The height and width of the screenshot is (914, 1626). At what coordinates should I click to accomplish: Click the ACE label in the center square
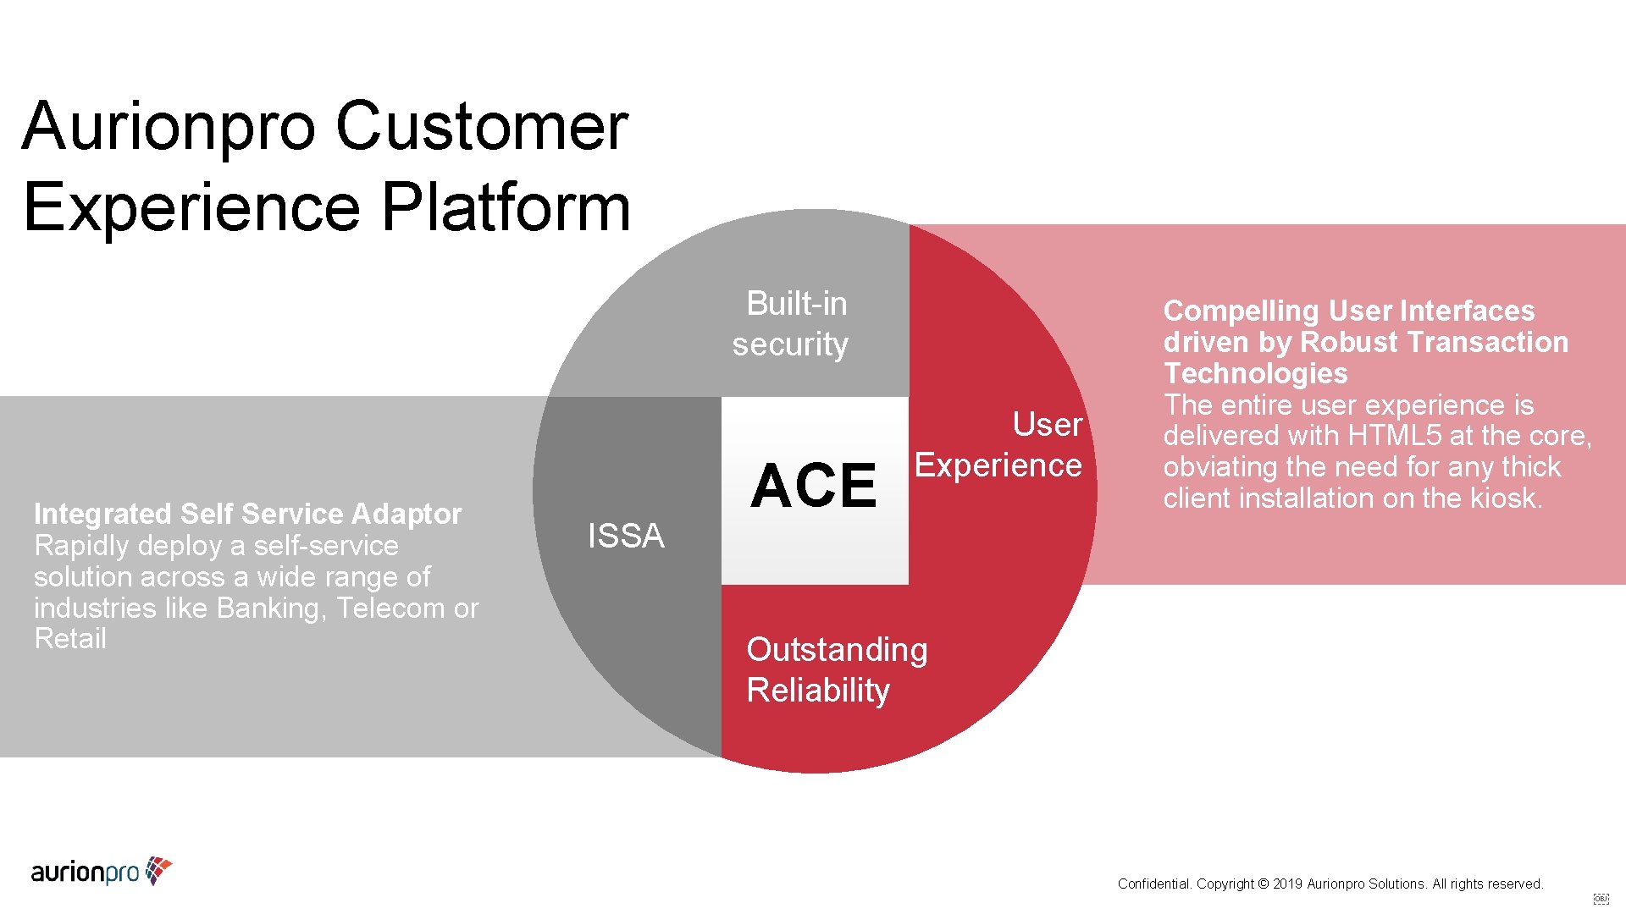pyautogui.click(x=813, y=486)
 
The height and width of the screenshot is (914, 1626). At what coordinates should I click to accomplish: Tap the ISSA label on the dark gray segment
pyautogui.click(x=626, y=536)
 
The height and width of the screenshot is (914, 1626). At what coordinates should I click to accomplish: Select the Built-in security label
pyautogui.click(x=791, y=324)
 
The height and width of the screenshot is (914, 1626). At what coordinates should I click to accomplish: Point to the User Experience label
pyautogui.click(x=999, y=445)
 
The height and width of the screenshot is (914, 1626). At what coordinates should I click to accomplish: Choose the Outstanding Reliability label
pyautogui.click(x=837, y=669)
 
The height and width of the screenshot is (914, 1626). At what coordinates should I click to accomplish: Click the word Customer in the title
pyautogui.click(x=482, y=126)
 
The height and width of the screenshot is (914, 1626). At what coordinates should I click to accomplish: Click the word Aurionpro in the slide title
pyautogui.click(x=169, y=126)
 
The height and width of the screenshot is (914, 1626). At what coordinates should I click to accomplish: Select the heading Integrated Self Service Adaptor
pyautogui.click(x=247, y=514)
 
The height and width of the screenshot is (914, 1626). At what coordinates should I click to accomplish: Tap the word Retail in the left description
pyautogui.click(x=70, y=639)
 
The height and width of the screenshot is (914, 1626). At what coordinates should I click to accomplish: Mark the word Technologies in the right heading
pyautogui.click(x=1255, y=373)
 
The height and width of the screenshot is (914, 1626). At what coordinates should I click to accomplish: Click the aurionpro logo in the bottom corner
pyautogui.click(x=102, y=871)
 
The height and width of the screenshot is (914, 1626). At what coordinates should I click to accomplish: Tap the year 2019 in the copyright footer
pyautogui.click(x=1287, y=884)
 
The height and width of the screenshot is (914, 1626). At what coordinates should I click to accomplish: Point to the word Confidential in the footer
pyautogui.click(x=1153, y=884)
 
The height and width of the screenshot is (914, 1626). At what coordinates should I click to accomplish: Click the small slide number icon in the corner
pyautogui.click(x=1601, y=899)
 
